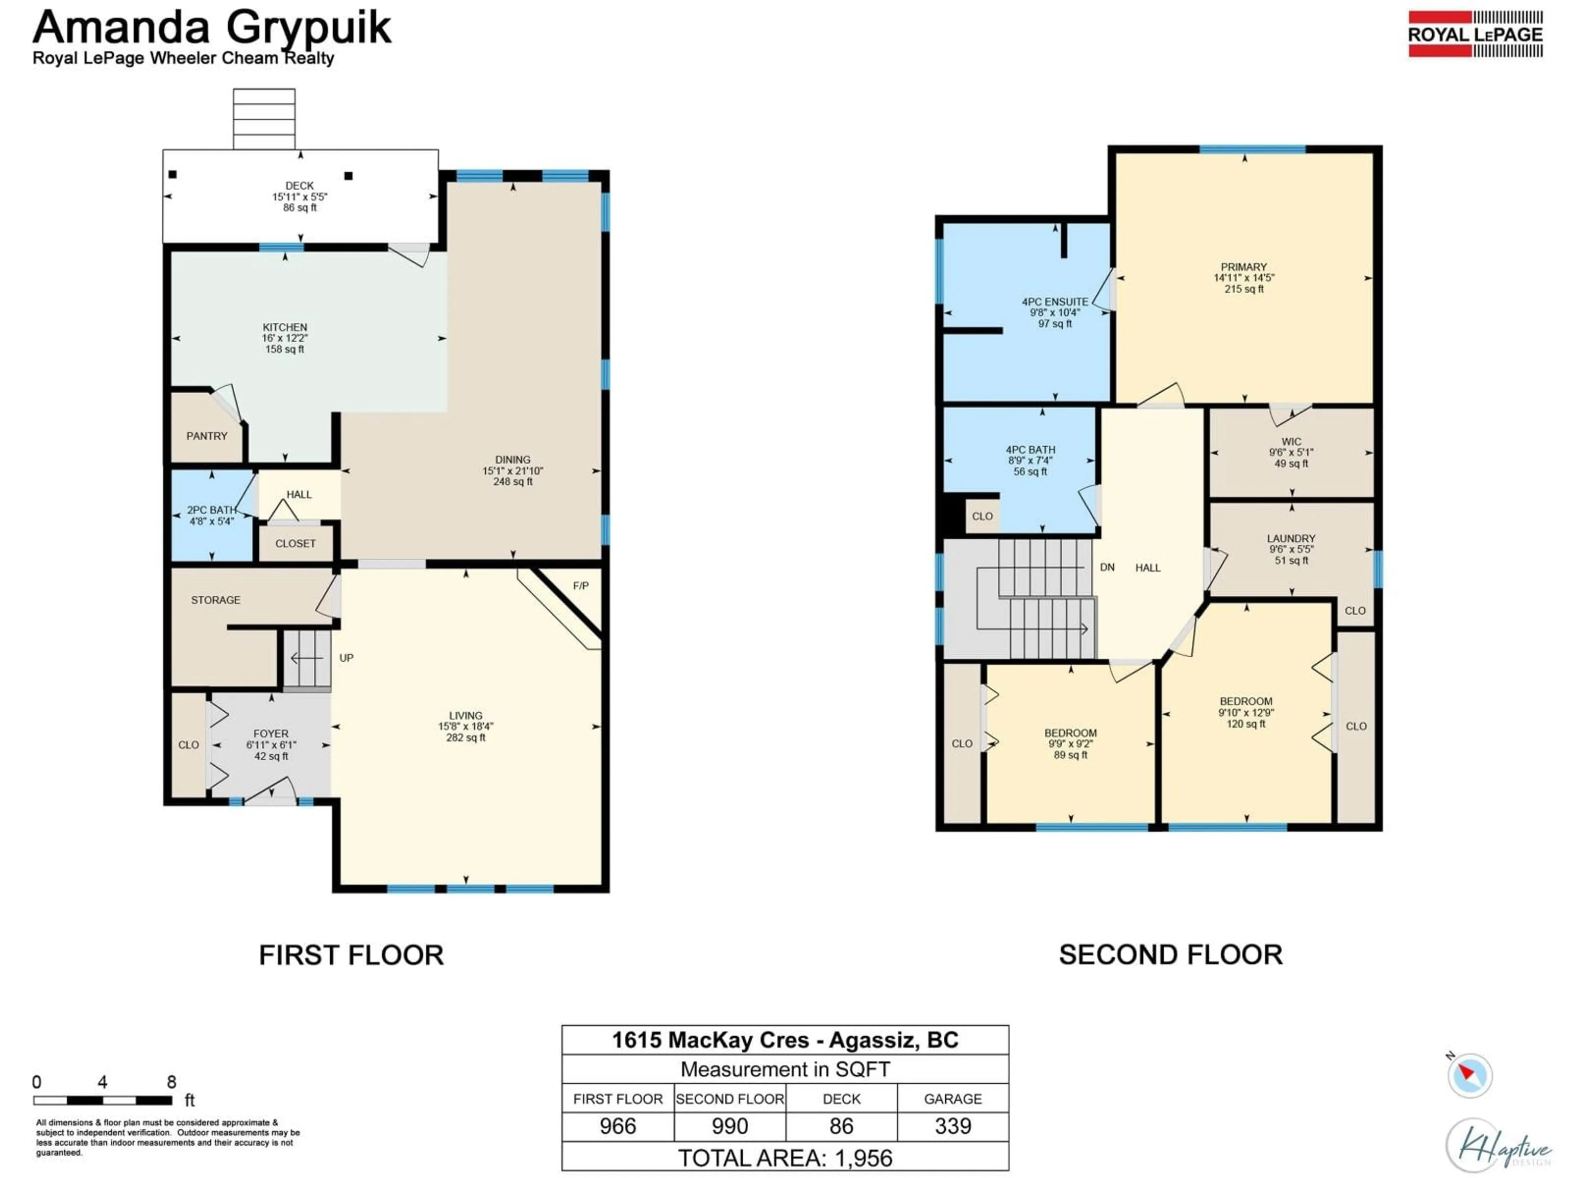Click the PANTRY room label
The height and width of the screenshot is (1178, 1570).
(x=206, y=436)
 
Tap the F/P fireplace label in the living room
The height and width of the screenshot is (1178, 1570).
(x=581, y=586)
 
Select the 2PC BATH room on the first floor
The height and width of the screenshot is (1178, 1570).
(x=211, y=515)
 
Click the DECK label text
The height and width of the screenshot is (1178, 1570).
(x=300, y=185)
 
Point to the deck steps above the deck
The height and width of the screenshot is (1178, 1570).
(x=264, y=119)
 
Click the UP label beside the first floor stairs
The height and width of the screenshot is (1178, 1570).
(x=346, y=658)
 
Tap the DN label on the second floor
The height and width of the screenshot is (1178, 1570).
(x=1107, y=567)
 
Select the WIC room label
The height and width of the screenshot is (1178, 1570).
(x=1291, y=442)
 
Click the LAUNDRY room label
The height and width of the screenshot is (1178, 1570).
(x=1291, y=538)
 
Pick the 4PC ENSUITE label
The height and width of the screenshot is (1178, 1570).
(x=1055, y=302)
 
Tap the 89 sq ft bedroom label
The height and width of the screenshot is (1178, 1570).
(x=1070, y=755)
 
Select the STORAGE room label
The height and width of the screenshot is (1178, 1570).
(x=216, y=600)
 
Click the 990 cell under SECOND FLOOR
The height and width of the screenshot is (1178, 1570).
(x=730, y=1126)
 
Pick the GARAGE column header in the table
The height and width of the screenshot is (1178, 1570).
(x=953, y=1099)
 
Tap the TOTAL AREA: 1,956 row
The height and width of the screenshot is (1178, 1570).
(x=785, y=1158)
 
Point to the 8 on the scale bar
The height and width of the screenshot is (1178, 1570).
(x=171, y=1082)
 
